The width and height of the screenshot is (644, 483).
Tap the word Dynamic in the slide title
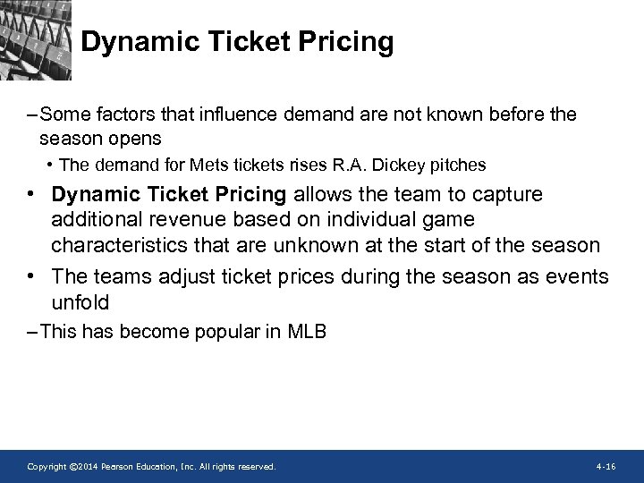132,42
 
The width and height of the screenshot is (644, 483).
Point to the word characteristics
115,245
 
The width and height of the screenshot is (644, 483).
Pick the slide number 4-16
605,467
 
